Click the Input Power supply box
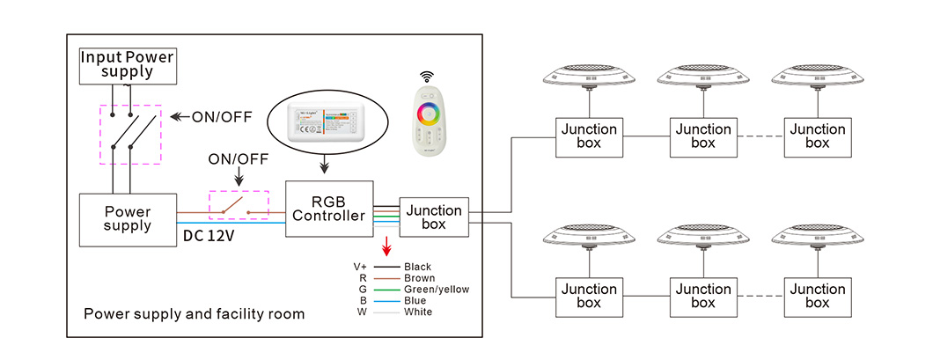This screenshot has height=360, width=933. [128, 65]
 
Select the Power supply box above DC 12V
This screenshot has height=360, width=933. [128, 218]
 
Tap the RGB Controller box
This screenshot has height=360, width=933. [329, 208]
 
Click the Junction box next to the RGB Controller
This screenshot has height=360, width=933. [434, 217]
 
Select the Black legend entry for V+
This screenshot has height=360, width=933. [418, 266]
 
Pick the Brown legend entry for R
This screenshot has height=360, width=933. [419, 277]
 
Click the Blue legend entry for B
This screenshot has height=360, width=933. [415, 300]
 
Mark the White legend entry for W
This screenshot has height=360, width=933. [418, 312]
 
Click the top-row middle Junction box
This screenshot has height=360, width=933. [703, 136]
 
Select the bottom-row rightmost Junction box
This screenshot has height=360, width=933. [818, 296]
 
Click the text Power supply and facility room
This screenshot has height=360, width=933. [194, 313]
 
